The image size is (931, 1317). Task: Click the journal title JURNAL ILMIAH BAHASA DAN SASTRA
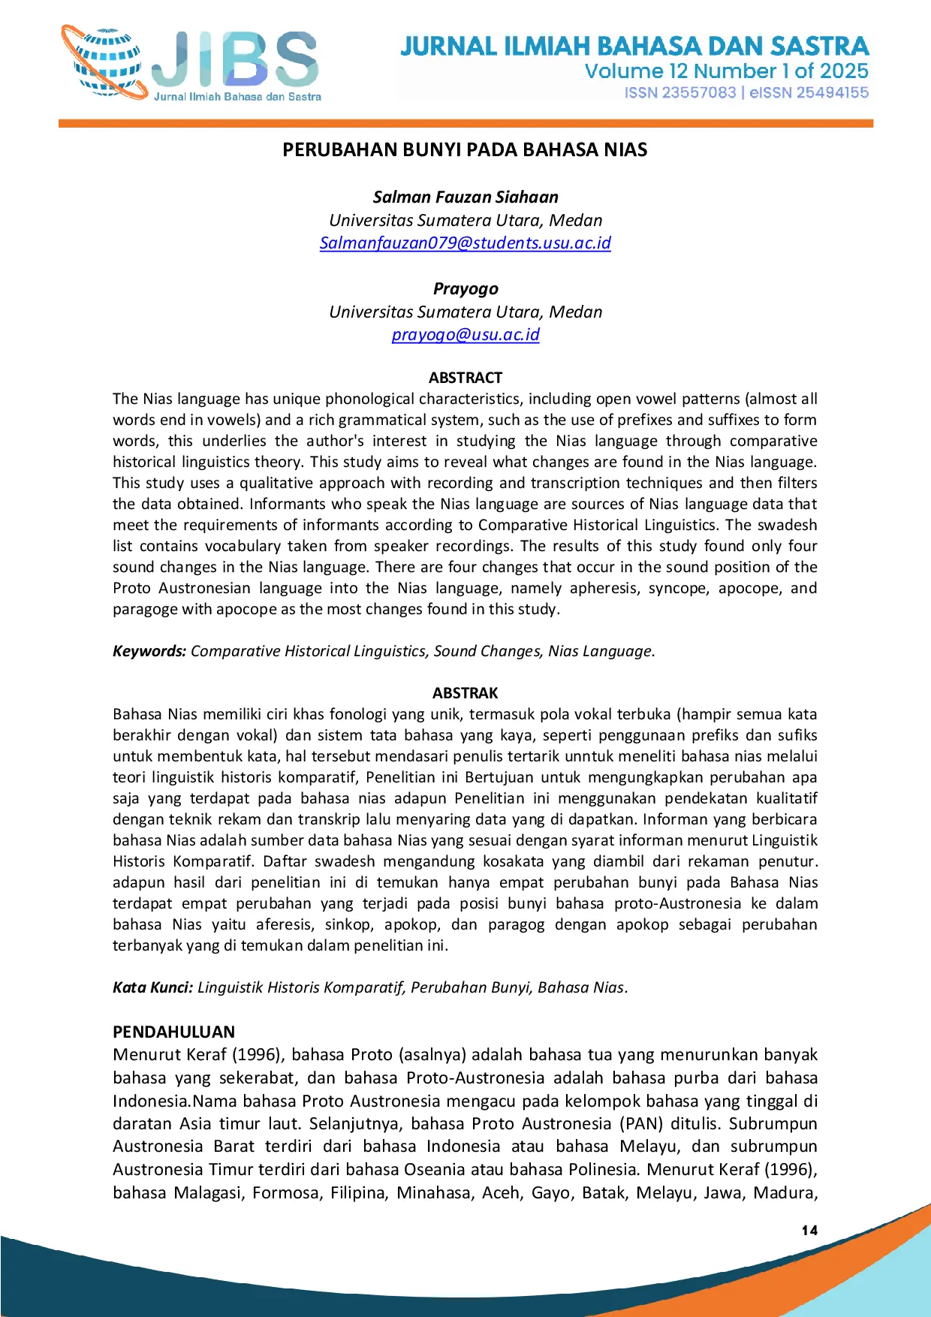pyautogui.click(x=634, y=47)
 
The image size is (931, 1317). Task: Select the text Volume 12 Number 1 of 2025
pyautogui.click(x=726, y=71)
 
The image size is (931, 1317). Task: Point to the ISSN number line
pyautogui.click(x=746, y=92)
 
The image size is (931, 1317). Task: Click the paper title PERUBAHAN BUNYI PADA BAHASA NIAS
pyautogui.click(x=465, y=149)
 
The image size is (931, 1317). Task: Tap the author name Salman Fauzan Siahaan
pyautogui.click(x=465, y=197)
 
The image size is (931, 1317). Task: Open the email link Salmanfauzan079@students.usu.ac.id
pyautogui.click(x=465, y=243)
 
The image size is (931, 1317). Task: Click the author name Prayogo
pyautogui.click(x=465, y=288)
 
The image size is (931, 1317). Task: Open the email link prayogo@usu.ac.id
pyautogui.click(x=465, y=335)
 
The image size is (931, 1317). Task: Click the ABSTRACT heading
pyautogui.click(x=465, y=377)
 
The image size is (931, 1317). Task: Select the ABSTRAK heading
pyautogui.click(x=465, y=692)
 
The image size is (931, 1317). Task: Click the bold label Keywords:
pyautogui.click(x=149, y=651)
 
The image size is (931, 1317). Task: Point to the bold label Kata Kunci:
pyautogui.click(x=153, y=987)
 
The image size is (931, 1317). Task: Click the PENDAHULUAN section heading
pyautogui.click(x=173, y=1032)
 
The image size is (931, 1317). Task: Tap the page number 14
pyautogui.click(x=809, y=1230)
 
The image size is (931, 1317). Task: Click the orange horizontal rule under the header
pyautogui.click(x=465, y=123)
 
